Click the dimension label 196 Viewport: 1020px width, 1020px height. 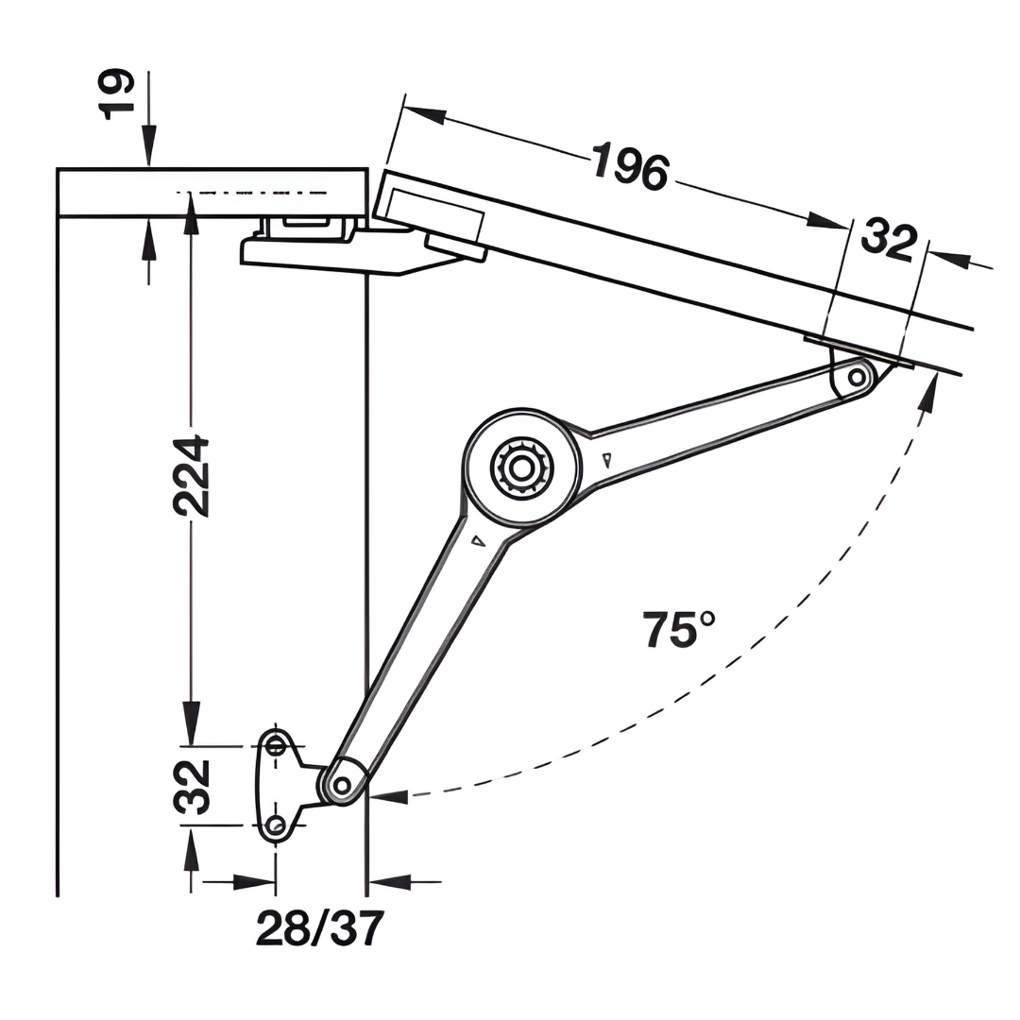coord(631,166)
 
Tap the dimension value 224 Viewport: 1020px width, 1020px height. coord(191,475)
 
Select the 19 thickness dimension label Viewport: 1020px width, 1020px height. coord(119,93)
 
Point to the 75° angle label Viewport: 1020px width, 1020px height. coord(679,630)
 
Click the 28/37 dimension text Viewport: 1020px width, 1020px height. coord(320,929)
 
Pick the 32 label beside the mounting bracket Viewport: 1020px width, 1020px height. coord(192,786)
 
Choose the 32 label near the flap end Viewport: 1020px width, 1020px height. coord(888,240)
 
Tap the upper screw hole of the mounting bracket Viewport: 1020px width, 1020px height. coord(276,745)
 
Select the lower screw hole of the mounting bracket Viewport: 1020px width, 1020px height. coord(276,825)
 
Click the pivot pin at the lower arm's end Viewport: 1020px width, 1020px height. coord(342,784)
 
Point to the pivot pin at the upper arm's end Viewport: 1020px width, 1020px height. coord(857,378)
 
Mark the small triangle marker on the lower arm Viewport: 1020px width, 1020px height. coord(478,541)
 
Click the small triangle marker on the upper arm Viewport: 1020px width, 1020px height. coord(605,460)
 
